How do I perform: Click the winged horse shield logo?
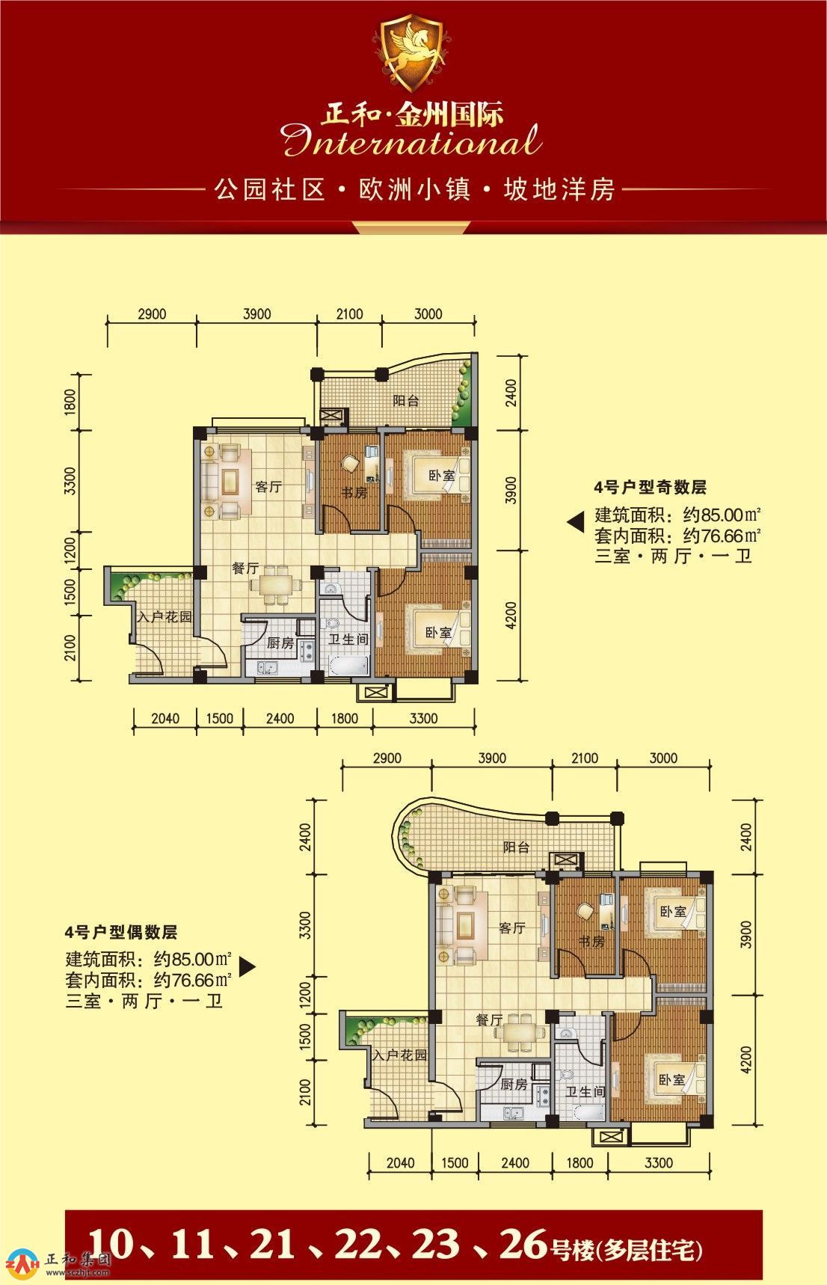click(x=413, y=51)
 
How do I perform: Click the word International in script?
click(x=413, y=141)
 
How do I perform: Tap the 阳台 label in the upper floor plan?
click(x=406, y=400)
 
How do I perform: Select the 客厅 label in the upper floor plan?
click(x=268, y=487)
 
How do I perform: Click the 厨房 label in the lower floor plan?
click(x=514, y=1084)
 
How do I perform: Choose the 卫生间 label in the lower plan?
click(x=585, y=1091)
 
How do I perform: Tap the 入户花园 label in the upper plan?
click(x=165, y=618)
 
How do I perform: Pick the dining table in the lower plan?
click(x=518, y=1031)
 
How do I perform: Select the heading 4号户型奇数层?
click(x=651, y=488)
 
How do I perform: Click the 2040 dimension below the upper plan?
click(x=165, y=719)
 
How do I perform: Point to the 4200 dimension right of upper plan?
click(x=511, y=616)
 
